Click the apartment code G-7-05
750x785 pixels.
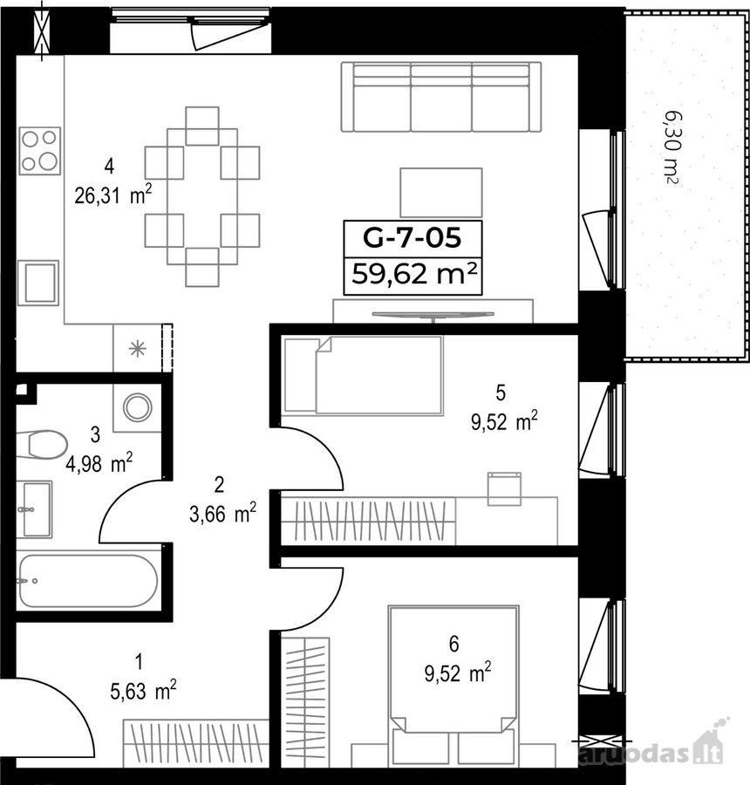[412, 238]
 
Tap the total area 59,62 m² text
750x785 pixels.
[413, 274]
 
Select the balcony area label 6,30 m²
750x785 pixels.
[671, 147]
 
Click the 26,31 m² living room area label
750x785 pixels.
[112, 195]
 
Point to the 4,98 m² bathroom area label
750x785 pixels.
[99, 462]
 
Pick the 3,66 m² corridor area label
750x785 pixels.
[222, 513]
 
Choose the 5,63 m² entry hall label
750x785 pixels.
[143, 692]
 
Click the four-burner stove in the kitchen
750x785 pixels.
[40, 151]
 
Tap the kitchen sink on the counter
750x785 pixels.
[38, 283]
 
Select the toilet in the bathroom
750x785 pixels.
[42, 444]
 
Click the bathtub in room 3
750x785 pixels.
[88, 581]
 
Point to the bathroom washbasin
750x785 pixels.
[34, 509]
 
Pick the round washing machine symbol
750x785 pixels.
[138, 407]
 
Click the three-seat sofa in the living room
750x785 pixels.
[441, 97]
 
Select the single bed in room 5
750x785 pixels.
[363, 375]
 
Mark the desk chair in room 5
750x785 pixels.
[505, 488]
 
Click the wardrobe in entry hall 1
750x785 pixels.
[196, 742]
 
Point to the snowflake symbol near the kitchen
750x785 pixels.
[137, 348]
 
